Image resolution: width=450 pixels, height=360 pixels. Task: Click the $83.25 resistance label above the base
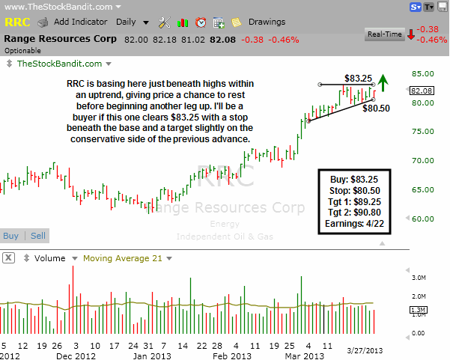point(359,77)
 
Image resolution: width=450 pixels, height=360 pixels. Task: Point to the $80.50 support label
point(376,108)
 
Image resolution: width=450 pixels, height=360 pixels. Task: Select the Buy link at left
point(11,236)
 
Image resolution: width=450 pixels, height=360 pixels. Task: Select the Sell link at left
point(37,236)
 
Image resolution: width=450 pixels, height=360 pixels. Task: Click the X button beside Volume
point(9,258)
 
